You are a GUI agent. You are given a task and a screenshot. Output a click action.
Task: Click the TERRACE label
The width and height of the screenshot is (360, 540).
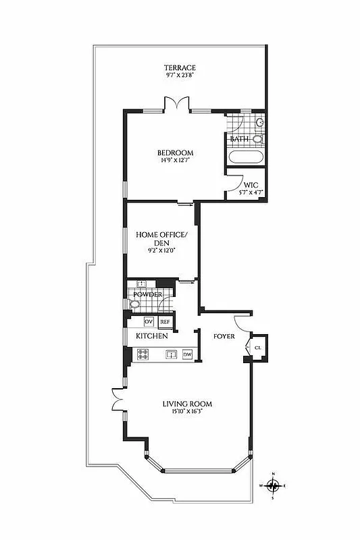point(180,67)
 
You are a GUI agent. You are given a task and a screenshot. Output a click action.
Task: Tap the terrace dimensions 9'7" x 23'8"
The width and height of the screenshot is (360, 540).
point(180,76)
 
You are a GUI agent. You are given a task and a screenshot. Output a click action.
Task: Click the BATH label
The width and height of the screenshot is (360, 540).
point(239,139)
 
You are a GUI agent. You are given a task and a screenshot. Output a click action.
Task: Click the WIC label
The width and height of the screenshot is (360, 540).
point(251,184)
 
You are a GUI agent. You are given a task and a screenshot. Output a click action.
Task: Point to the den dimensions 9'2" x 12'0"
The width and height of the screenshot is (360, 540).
point(161,250)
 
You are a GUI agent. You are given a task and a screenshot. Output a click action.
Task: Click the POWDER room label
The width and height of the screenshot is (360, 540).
point(147,295)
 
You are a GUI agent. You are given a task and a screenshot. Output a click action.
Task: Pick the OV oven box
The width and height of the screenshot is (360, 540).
point(149,321)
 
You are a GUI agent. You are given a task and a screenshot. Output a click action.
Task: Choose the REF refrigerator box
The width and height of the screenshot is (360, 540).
point(165,322)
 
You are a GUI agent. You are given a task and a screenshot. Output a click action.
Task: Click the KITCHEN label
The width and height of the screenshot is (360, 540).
point(152,335)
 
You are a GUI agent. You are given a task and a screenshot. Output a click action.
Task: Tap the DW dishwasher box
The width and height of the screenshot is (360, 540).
point(188,354)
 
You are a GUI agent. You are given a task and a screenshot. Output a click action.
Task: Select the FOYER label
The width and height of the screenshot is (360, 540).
point(224,335)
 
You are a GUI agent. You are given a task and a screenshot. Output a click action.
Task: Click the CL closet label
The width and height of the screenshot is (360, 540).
point(257,348)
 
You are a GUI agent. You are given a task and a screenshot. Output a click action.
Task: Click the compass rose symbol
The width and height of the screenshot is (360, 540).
point(274,485)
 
